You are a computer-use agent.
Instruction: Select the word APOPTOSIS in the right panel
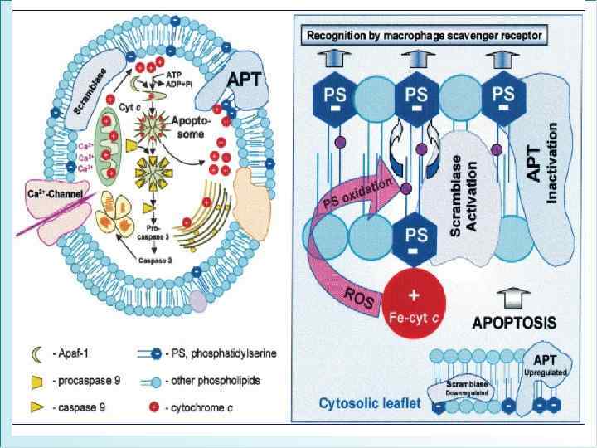coord(515,320)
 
